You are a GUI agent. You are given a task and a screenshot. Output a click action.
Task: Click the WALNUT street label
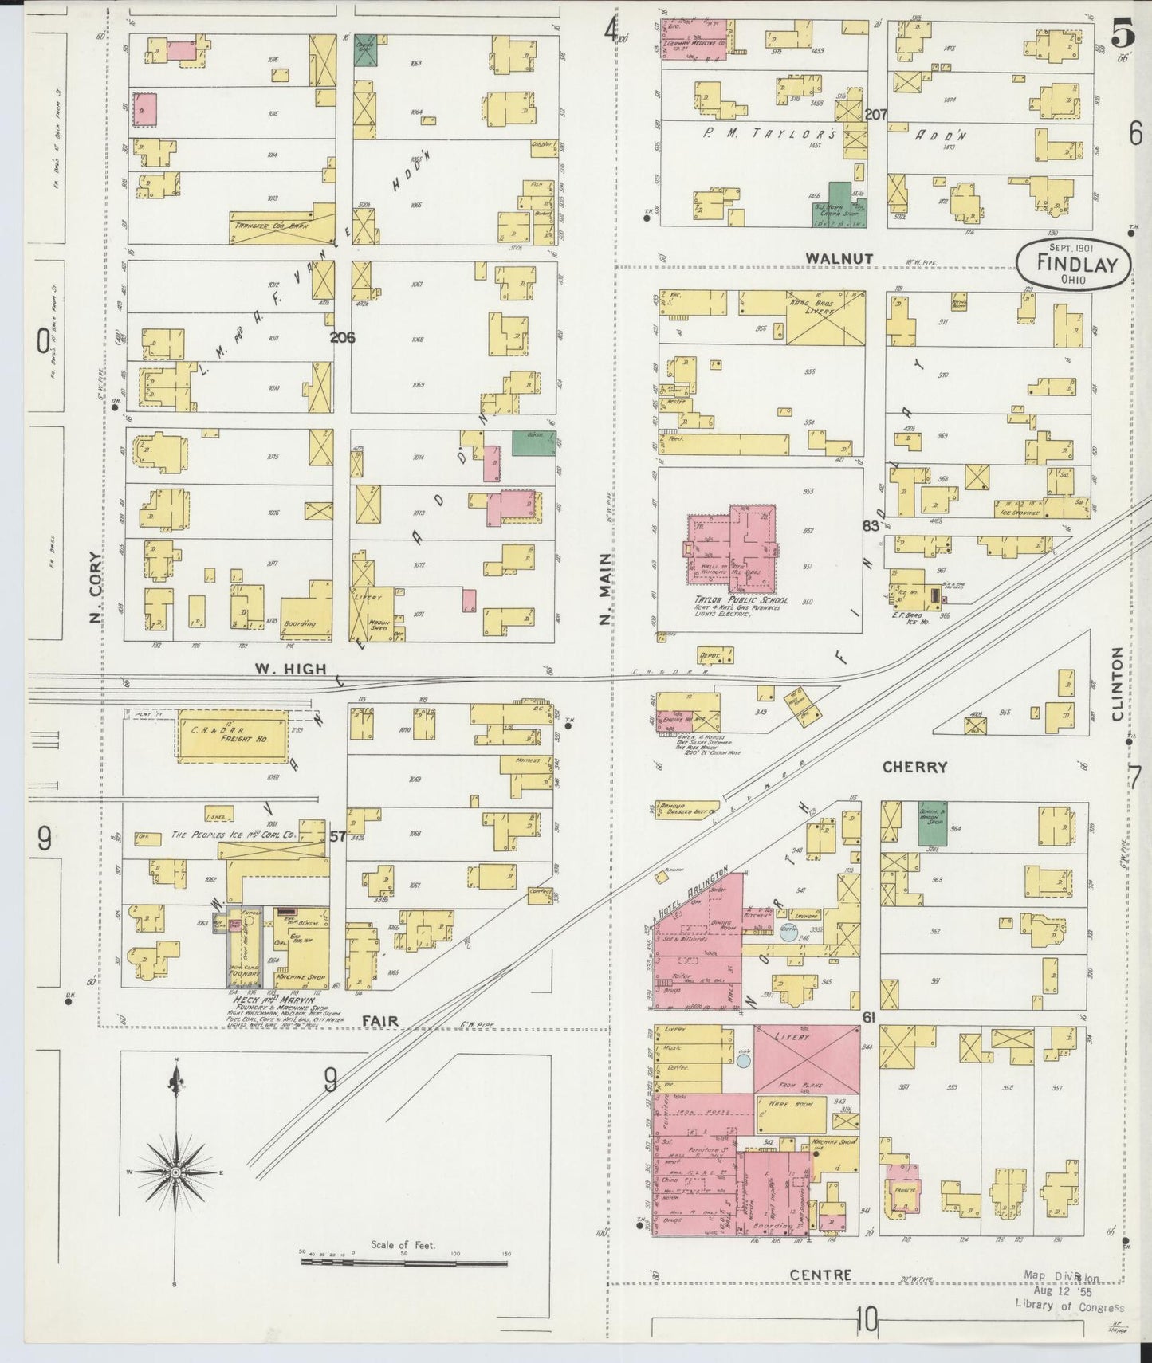[x=839, y=258]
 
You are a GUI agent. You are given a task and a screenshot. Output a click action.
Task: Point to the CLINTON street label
[x=1118, y=683]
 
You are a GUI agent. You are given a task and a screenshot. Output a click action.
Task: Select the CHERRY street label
[x=914, y=767]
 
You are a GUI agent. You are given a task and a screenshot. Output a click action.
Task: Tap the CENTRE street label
[x=820, y=1275]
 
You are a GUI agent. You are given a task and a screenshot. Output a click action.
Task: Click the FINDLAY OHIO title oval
[x=1073, y=264]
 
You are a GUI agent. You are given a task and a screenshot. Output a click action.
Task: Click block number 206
[x=342, y=337]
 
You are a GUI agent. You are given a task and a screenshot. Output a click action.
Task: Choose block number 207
[x=875, y=115]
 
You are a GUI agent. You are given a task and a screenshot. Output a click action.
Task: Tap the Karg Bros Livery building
[x=825, y=316]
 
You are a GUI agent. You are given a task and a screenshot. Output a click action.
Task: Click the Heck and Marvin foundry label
[x=272, y=1000]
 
